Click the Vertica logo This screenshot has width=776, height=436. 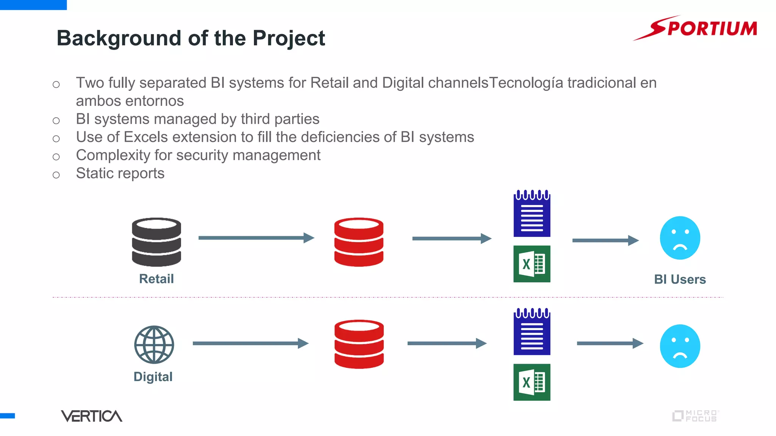(x=91, y=416)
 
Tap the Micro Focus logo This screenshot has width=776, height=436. (x=695, y=416)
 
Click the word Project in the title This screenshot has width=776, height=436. (x=289, y=38)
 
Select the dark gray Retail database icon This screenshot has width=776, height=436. (x=156, y=242)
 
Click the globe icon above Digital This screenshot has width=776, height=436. (x=154, y=344)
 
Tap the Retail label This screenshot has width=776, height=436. (x=156, y=279)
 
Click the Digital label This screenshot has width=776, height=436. (x=153, y=377)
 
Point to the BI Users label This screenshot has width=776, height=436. (x=680, y=279)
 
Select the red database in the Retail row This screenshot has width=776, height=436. (x=358, y=242)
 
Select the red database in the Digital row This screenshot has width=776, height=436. (x=359, y=344)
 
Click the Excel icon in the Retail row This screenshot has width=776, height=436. (x=532, y=264)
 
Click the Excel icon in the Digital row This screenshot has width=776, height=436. (x=532, y=382)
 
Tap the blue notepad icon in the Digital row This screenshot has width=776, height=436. (x=532, y=332)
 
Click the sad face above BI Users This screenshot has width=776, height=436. (x=680, y=238)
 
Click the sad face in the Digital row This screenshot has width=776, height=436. (x=680, y=346)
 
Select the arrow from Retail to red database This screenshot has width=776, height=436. (x=256, y=238)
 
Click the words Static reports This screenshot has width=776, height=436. (x=120, y=173)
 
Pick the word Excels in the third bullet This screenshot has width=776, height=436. (x=145, y=137)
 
